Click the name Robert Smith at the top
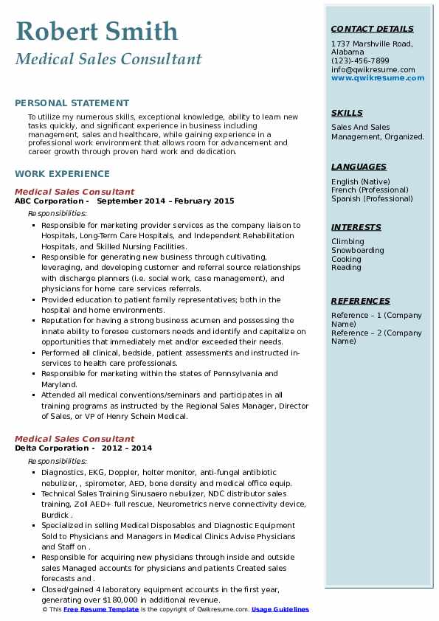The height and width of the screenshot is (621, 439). tap(97, 31)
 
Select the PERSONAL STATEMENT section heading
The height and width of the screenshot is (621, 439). tap(72, 103)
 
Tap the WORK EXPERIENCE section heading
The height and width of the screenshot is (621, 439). tap(62, 174)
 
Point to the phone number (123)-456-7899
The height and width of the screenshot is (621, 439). tap(360, 61)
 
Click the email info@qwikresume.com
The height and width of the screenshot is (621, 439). tap(373, 69)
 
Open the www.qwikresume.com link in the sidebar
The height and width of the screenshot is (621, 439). tap(373, 77)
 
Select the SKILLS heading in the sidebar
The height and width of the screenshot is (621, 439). tap(347, 113)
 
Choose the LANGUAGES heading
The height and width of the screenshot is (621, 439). tap(359, 167)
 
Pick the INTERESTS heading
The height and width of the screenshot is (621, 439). tap(356, 227)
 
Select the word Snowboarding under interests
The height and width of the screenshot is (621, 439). tap(358, 250)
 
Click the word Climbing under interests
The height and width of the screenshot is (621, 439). tap(348, 241)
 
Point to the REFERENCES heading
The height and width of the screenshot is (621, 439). tap(361, 301)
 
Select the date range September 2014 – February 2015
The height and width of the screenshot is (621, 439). tap(165, 201)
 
